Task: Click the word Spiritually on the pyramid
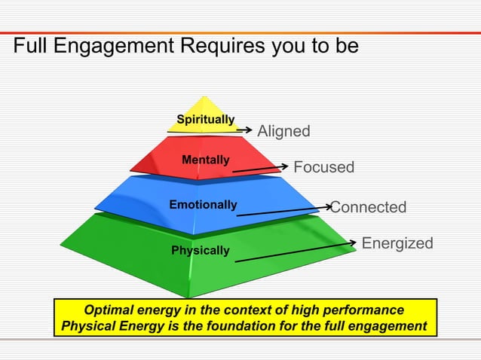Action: point(205,120)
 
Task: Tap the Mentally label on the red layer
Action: point(205,160)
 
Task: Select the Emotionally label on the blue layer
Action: point(203,205)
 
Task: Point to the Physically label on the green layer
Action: point(200,250)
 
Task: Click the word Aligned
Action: point(283,131)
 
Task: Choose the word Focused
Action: point(323,167)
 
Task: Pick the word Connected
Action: point(369,207)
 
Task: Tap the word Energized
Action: point(397,243)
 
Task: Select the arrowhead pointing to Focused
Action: point(284,166)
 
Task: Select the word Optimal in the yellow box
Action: point(110,310)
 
